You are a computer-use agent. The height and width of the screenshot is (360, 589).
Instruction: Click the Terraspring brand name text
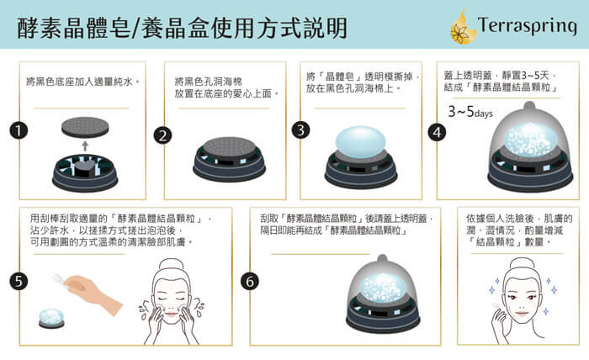tap(527, 25)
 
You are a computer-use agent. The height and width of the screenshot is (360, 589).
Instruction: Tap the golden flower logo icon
tap(463, 27)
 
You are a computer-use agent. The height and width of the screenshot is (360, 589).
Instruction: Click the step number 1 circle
tap(19, 130)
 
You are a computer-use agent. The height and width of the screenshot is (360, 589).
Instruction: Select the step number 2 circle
tap(162, 135)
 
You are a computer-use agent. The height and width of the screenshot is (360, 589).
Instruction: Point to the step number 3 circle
tap(300, 130)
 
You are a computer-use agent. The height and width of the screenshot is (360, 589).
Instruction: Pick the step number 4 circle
tap(437, 133)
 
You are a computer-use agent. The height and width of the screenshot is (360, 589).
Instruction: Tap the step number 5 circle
tap(19, 281)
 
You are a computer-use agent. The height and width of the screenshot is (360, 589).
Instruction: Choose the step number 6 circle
tap(250, 281)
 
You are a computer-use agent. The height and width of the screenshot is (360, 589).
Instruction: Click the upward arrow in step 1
tap(85, 146)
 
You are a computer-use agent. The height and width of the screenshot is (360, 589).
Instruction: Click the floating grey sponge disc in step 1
tap(85, 127)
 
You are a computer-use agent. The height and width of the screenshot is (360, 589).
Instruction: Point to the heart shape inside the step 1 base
tap(84, 168)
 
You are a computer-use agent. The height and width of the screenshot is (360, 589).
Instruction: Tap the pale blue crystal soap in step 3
tap(361, 141)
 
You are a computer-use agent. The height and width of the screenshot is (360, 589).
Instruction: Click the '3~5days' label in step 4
tap(470, 112)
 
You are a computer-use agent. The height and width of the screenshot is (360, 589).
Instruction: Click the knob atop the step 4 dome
tap(529, 105)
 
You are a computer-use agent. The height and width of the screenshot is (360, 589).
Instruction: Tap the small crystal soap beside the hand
tap(51, 318)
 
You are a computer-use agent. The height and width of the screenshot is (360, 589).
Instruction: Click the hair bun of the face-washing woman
tap(172, 264)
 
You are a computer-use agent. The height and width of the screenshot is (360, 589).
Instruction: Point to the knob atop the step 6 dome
tap(382, 259)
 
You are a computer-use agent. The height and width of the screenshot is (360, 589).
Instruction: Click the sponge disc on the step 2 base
tap(229, 147)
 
